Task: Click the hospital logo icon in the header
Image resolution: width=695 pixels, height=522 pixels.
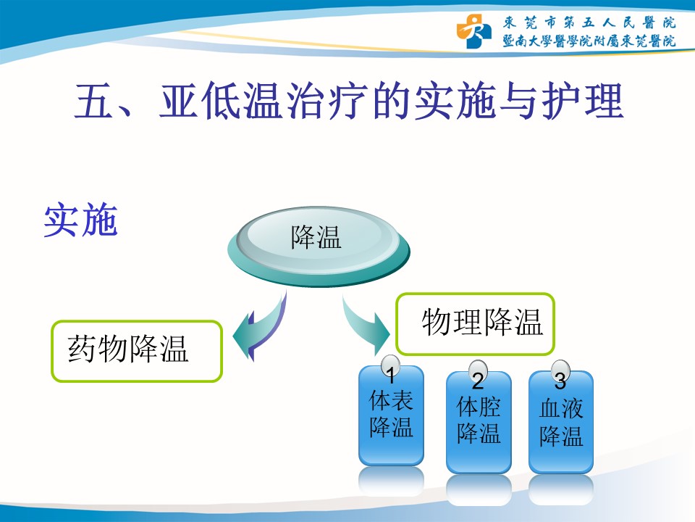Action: [x=473, y=30]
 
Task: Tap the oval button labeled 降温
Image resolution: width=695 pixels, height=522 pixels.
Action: [x=319, y=246]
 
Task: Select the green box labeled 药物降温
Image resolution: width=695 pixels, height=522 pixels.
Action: [x=137, y=351]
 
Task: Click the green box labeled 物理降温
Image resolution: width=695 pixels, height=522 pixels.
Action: [x=475, y=323]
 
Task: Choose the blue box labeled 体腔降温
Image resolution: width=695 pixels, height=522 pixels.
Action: [x=479, y=423]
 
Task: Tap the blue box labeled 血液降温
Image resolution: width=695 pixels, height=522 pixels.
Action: [x=561, y=423]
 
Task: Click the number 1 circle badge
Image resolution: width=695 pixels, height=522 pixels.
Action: [x=390, y=368]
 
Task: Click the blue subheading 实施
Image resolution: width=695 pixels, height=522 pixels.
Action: [x=80, y=220]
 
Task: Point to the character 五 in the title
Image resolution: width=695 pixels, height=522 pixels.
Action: [x=94, y=101]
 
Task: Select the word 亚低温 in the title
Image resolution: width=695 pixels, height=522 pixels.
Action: [x=220, y=101]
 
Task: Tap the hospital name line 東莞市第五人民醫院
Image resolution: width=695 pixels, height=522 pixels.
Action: [x=589, y=22]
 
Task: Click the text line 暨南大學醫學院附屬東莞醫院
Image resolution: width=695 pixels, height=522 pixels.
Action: [x=589, y=41]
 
